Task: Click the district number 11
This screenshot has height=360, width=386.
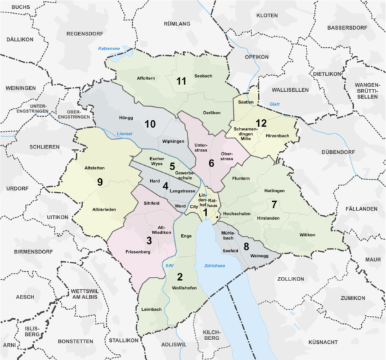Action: pyautogui.click(x=181, y=81)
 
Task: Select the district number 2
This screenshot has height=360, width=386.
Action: pyautogui.click(x=180, y=277)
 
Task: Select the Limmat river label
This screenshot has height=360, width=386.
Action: pyautogui.click(x=125, y=133)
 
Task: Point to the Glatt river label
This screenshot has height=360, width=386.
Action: pyautogui.click(x=275, y=104)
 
